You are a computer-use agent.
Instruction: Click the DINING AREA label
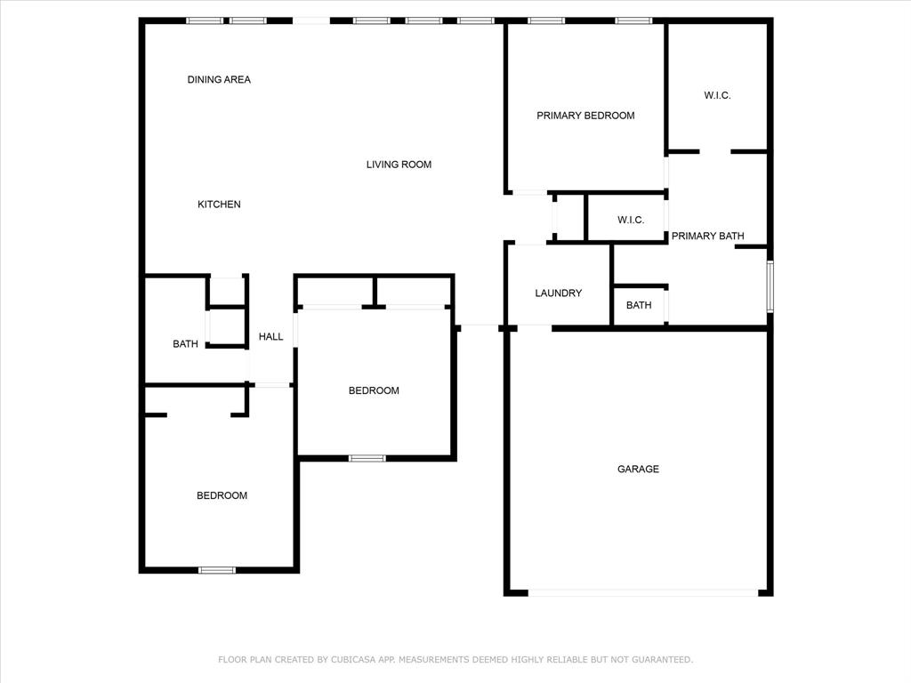[219, 80]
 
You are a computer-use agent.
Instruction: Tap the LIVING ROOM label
[399, 165]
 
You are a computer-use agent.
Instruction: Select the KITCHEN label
[219, 205]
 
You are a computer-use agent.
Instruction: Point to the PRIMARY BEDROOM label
[585, 116]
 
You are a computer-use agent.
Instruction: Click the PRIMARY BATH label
[707, 237]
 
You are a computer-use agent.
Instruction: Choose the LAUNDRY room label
[559, 293]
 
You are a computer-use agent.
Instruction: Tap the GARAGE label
[639, 470]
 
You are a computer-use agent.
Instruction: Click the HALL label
[271, 337]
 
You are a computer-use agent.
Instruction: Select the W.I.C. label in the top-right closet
[717, 96]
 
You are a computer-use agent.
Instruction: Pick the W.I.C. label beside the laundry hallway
[631, 221]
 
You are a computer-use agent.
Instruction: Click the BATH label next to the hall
[185, 344]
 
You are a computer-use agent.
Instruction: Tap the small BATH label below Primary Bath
[639, 306]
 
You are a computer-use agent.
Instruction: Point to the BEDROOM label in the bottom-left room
[222, 496]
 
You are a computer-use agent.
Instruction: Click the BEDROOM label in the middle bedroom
[374, 391]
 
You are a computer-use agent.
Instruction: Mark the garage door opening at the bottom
[642, 592]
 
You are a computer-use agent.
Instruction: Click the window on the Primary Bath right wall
[770, 285]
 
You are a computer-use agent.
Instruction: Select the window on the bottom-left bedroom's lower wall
[217, 570]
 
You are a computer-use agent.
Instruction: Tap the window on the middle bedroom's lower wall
[367, 459]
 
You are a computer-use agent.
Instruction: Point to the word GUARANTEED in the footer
[661, 660]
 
